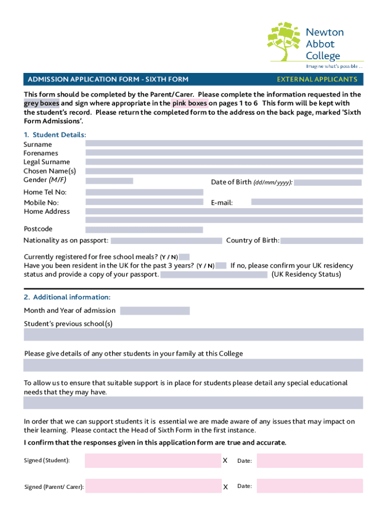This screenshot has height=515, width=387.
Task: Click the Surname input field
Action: click(x=224, y=143)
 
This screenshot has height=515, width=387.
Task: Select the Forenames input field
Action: click(x=224, y=152)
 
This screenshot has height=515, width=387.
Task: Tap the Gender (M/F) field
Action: click(x=109, y=181)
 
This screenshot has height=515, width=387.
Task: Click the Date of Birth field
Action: click(x=327, y=183)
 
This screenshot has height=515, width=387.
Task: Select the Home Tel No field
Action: click(x=144, y=192)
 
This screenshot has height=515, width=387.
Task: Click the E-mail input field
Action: click(x=307, y=202)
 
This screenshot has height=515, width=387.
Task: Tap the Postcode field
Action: click(x=144, y=229)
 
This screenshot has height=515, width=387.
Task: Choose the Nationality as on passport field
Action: click(x=166, y=240)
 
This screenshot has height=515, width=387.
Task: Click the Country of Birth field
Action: click(x=321, y=240)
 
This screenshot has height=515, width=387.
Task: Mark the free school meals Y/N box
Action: click(x=184, y=257)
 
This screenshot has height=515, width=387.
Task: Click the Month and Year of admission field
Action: click(x=155, y=311)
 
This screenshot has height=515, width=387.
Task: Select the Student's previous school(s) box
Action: click(x=193, y=334)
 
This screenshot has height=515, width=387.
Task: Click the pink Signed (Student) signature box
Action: click(x=153, y=460)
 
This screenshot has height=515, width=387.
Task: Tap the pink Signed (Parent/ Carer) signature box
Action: click(x=153, y=486)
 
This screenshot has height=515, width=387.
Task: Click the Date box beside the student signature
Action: click(x=309, y=460)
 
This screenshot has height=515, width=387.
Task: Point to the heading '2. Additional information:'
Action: click(x=67, y=297)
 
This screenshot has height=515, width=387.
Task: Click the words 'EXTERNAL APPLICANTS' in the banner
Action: click(x=317, y=79)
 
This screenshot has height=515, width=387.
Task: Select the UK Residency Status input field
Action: click(x=214, y=275)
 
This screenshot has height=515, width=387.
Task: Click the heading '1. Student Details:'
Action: click(x=55, y=135)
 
